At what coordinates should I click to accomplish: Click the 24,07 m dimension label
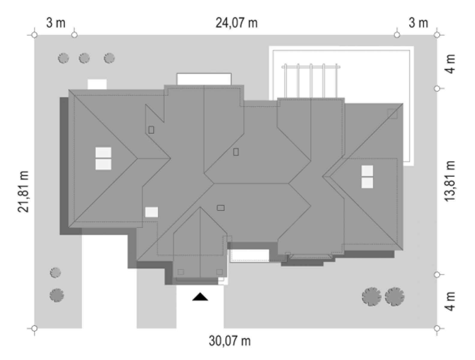[236, 23]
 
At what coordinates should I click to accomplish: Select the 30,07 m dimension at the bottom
[230, 341]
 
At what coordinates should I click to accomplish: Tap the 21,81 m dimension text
[23, 192]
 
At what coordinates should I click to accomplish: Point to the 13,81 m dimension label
[450, 181]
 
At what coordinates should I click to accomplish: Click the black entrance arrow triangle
[200, 297]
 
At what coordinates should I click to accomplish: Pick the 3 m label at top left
[55, 23]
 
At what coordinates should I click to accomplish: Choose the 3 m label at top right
[418, 23]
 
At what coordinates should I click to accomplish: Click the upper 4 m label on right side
[450, 64]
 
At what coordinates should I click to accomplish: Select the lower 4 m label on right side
[450, 301]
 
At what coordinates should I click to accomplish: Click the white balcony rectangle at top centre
[204, 79]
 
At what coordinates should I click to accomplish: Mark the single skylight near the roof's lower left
[151, 212]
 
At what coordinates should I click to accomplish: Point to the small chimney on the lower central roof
[220, 208]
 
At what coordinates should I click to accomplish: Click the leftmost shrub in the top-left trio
[63, 58]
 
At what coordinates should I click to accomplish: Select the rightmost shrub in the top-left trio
[109, 58]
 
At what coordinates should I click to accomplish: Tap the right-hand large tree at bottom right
[395, 297]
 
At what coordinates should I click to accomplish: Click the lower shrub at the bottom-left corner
[57, 295]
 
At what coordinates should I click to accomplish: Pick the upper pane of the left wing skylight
[103, 153]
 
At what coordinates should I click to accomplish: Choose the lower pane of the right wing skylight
[367, 183]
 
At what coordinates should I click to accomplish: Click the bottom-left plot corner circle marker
[34, 328]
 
